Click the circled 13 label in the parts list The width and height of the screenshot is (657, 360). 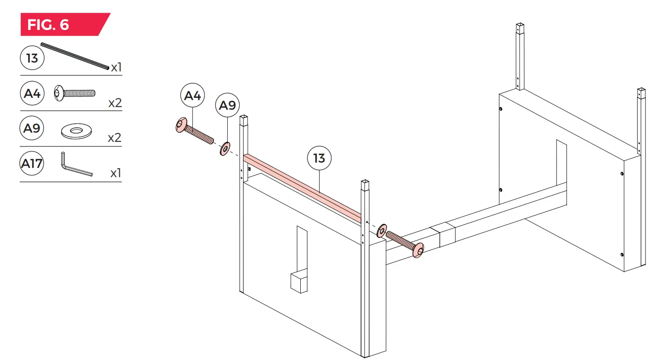32,58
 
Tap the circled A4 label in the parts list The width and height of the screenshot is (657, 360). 32,93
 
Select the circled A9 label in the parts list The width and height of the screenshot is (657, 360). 32,128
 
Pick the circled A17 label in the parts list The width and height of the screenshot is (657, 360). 32,163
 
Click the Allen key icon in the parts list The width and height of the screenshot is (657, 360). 75,165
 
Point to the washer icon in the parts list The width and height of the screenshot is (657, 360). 76,131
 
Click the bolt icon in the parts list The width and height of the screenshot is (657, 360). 74,93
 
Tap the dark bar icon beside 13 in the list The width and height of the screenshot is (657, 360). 75,56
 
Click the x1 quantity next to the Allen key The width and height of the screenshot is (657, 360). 115,173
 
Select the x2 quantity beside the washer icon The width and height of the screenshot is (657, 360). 114,138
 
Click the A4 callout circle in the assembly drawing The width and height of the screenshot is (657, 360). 192,96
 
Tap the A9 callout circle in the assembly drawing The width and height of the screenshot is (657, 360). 227,105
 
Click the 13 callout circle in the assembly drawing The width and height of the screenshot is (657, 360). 319,158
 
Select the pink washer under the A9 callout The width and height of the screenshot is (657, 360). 225,149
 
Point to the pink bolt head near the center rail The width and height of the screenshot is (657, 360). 418,250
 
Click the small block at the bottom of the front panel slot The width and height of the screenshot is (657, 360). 299,282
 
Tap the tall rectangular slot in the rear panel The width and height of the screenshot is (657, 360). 561,163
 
